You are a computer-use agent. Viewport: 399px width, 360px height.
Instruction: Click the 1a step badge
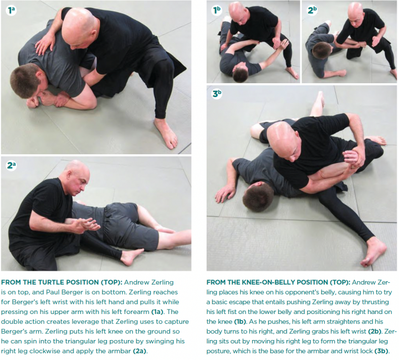click(x=11, y=11)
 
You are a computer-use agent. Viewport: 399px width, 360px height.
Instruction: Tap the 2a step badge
click(x=11, y=166)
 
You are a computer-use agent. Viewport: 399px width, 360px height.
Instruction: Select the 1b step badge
click(x=217, y=11)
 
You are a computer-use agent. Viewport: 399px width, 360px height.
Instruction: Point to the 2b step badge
click(x=312, y=11)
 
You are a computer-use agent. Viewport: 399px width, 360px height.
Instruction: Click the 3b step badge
click(x=217, y=94)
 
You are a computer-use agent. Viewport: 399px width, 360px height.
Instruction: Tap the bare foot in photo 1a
click(x=166, y=133)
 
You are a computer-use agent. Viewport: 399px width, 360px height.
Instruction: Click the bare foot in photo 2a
click(x=131, y=256)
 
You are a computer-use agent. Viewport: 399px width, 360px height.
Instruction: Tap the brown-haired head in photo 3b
click(x=258, y=197)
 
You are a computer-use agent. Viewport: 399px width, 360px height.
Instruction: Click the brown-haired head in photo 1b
click(x=240, y=73)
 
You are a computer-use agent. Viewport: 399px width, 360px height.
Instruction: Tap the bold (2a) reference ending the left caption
click(x=140, y=351)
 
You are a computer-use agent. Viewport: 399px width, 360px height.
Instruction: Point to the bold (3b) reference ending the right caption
click(x=382, y=351)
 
